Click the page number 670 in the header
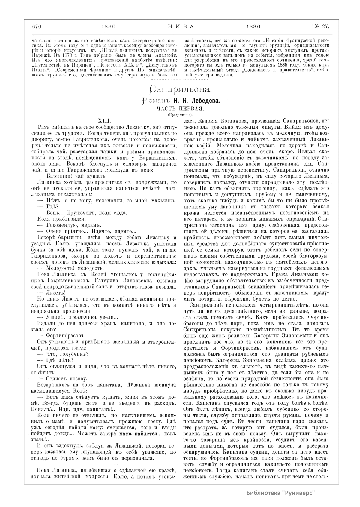(36, 26)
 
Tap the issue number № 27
(322, 26)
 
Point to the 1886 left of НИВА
(109, 26)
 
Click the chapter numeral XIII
(105, 121)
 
